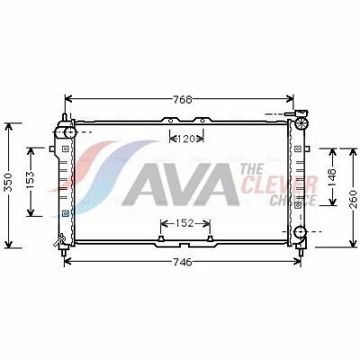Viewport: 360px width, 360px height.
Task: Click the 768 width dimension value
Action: [182, 99]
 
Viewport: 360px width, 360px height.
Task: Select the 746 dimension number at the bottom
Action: [182, 262]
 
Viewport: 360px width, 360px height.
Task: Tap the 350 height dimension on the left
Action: [9, 182]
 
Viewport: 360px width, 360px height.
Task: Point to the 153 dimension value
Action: [31, 181]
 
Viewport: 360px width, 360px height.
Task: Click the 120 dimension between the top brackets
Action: [186, 139]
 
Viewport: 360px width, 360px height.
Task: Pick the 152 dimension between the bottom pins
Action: [185, 223]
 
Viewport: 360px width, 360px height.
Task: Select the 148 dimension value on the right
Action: [332, 177]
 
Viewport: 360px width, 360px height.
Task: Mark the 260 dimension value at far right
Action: [354, 199]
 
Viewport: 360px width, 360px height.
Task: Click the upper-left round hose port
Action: [69, 132]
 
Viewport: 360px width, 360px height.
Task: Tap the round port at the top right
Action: [301, 123]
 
